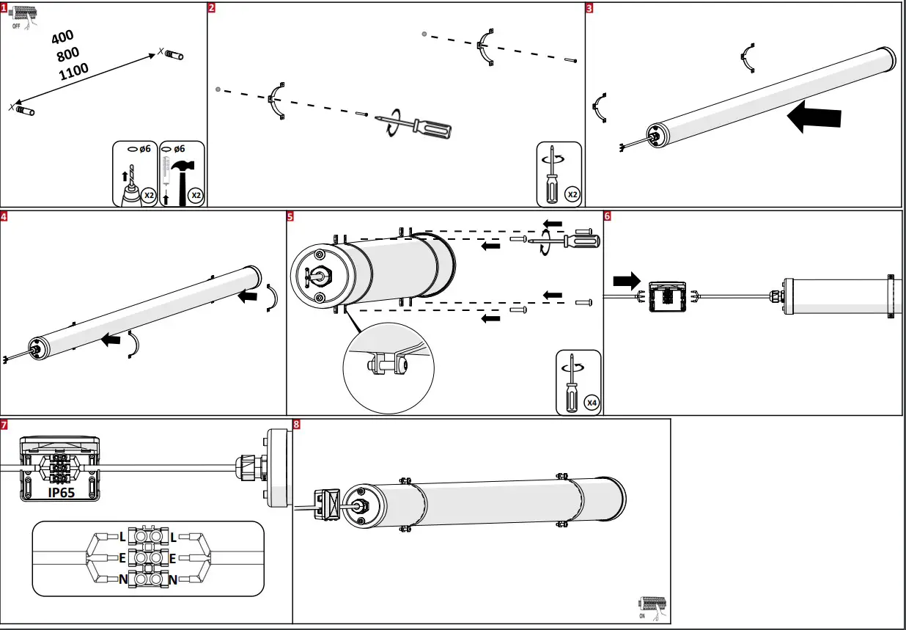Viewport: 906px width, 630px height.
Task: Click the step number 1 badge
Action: click(4, 7)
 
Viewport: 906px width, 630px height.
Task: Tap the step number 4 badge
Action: click(4, 216)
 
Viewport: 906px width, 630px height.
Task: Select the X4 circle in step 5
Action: click(591, 402)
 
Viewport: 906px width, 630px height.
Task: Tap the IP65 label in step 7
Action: click(62, 493)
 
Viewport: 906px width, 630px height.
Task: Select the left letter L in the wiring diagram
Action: click(122, 537)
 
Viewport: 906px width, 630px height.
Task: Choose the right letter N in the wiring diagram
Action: click(173, 580)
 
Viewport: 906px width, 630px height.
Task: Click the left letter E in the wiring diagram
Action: click(122, 558)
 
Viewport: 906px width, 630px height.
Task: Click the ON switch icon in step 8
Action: click(652, 606)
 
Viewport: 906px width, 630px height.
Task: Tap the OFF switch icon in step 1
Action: click(23, 15)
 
